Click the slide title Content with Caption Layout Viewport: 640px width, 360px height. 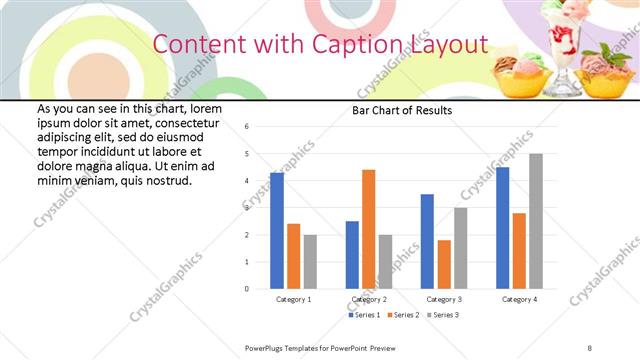pos(320,45)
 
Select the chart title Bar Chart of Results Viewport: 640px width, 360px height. pos(401,110)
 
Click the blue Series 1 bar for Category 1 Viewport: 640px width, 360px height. pos(277,231)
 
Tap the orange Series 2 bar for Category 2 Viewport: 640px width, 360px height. pos(368,229)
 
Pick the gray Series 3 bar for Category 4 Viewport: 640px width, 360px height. pos(536,221)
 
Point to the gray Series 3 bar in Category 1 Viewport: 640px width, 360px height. pos(310,262)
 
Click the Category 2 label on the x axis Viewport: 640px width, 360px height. pos(368,299)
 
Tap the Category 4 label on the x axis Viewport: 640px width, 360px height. pos(519,299)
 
